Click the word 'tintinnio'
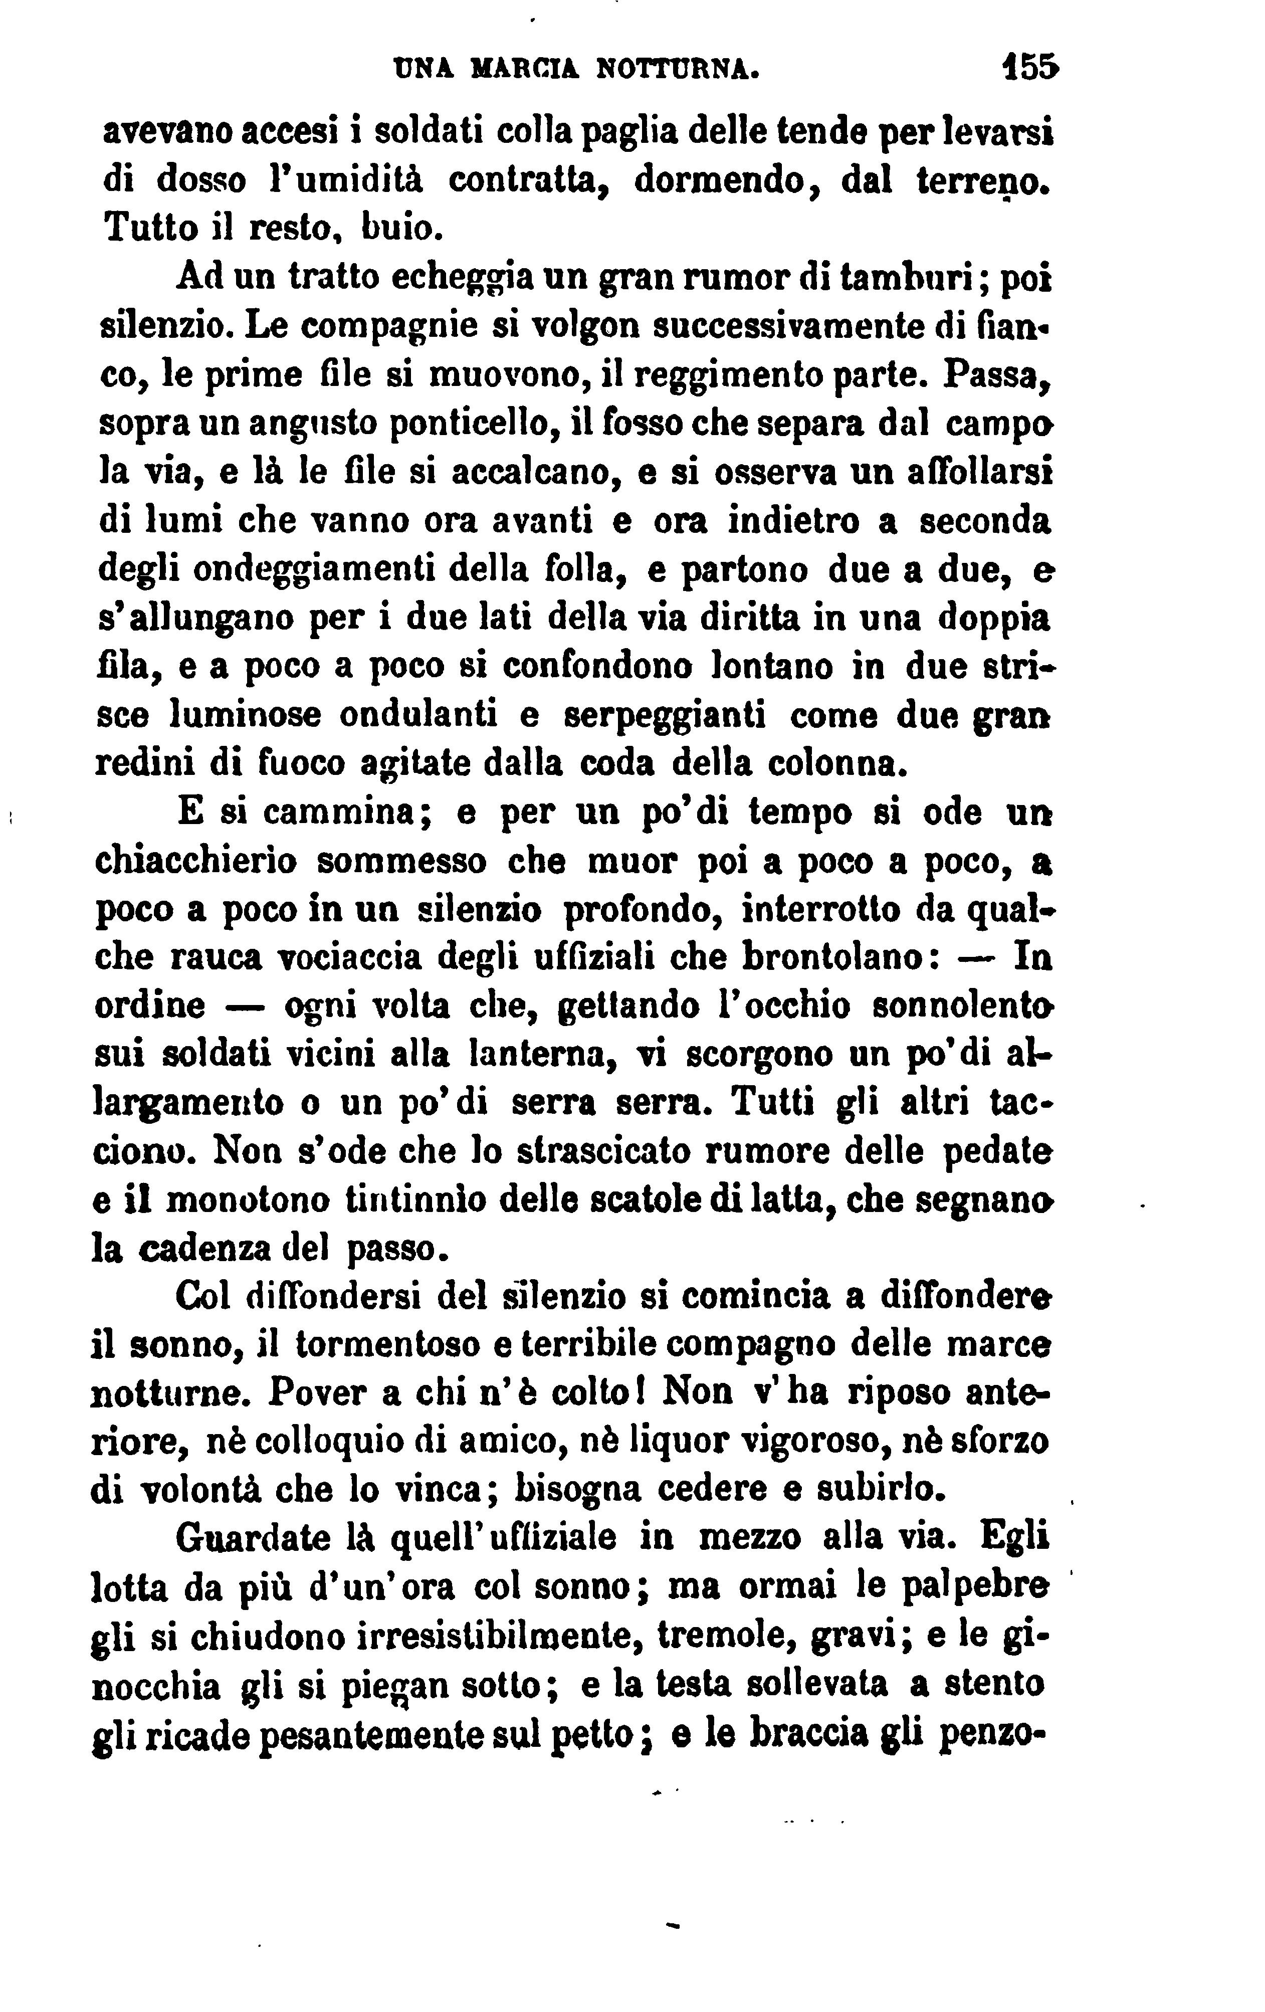415,1200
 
